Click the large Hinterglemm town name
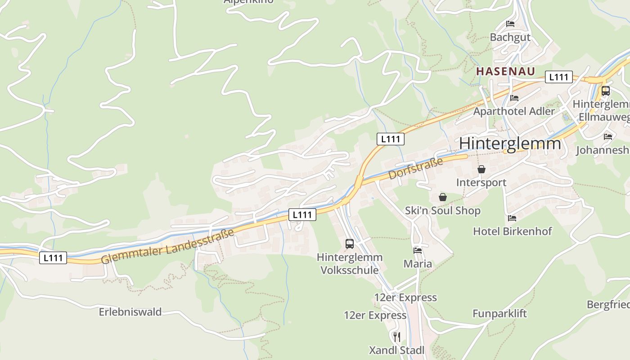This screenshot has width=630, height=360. [x=510, y=144]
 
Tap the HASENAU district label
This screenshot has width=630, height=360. [x=506, y=71]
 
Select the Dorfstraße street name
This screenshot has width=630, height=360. [x=415, y=168]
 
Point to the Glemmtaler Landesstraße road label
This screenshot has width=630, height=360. [x=167, y=246]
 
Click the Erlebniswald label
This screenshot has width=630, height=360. [x=130, y=312]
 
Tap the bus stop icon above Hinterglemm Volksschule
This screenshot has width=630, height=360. [x=350, y=244]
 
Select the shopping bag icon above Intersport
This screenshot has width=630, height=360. [x=481, y=169]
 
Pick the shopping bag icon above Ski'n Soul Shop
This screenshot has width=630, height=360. [x=443, y=197]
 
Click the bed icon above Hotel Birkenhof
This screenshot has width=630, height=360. [x=512, y=218]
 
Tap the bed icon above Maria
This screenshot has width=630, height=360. [x=418, y=250]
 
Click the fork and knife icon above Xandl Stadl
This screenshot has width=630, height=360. [x=396, y=337]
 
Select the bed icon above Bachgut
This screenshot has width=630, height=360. [x=510, y=24]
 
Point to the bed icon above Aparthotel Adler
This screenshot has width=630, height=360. [x=514, y=98]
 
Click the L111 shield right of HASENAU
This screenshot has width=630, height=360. [x=558, y=77]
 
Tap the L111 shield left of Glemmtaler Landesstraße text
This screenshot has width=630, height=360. [x=53, y=258]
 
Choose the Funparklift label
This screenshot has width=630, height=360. [x=499, y=314]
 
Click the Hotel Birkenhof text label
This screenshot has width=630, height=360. [x=512, y=231]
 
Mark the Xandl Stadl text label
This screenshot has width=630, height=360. [x=396, y=350]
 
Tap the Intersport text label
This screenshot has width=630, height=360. [x=481, y=182]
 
